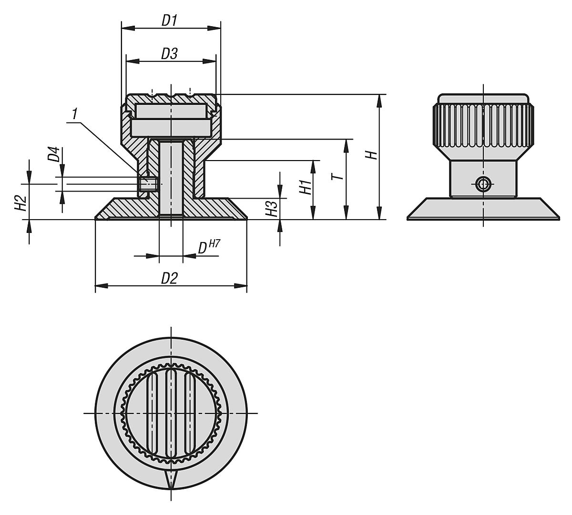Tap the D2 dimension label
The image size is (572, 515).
169,278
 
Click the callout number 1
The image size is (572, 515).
74,114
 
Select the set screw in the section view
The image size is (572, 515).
148,184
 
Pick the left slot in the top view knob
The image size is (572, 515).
153,413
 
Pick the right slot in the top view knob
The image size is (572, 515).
189,413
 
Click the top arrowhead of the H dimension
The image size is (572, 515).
379,99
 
